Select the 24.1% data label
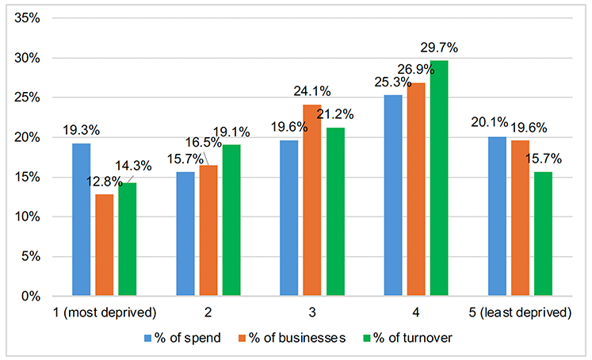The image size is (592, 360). tap(313, 92)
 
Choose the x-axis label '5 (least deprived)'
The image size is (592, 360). tap(520, 312)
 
